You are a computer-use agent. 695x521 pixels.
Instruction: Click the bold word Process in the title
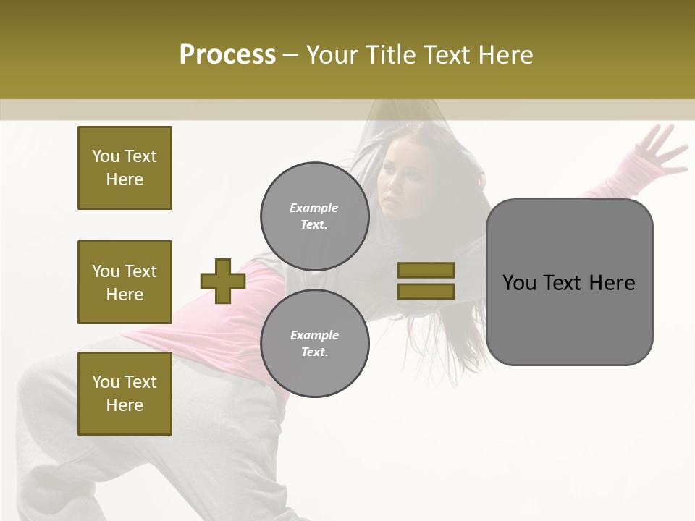tap(227, 55)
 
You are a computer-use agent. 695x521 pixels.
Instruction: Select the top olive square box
tap(125, 168)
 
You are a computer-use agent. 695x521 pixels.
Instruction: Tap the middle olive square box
tap(125, 282)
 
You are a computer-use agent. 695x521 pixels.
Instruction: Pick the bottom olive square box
tap(125, 394)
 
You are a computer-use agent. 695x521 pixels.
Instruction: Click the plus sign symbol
tap(223, 281)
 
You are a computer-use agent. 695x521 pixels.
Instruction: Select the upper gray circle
tap(314, 216)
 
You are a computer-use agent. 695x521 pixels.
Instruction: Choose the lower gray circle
tap(314, 343)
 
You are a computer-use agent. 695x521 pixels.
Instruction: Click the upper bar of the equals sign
tap(426, 270)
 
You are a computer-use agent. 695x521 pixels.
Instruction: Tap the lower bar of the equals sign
tap(426, 291)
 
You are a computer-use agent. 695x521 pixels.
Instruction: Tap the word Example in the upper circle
tap(314, 208)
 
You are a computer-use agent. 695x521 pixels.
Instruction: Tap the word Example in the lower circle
tap(314, 335)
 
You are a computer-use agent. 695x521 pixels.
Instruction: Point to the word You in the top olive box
tap(105, 156)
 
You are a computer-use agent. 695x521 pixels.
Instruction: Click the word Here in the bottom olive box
tap(125, 405)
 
